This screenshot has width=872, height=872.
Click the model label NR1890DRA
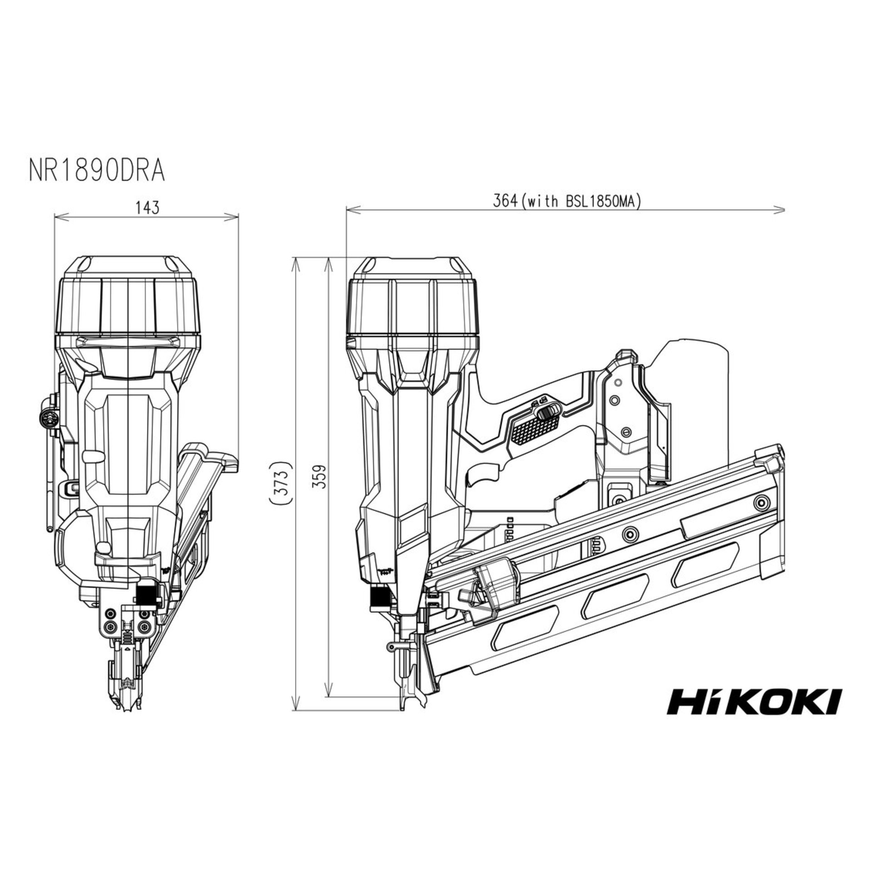coord(96,171)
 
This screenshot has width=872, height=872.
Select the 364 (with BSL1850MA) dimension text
coord(567,202)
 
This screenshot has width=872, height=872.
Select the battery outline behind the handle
coord(695,386)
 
